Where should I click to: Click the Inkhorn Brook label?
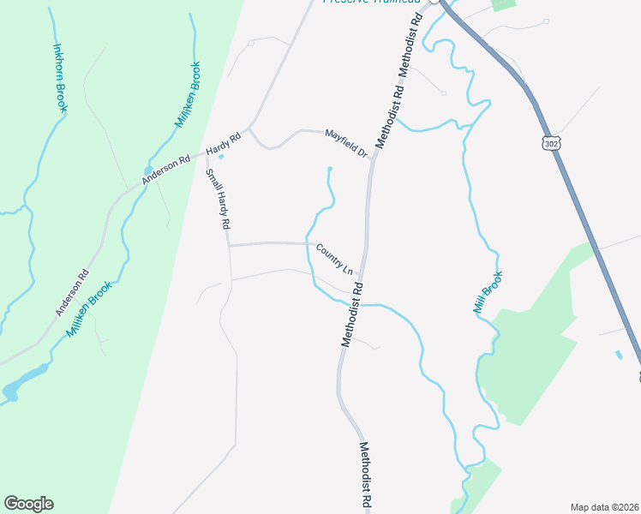tap(61, 78)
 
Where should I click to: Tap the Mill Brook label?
tap(488, 292)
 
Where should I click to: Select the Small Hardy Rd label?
tap(219, 199)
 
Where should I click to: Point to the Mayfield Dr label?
tap(345, 142)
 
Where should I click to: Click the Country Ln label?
tap(334, 259)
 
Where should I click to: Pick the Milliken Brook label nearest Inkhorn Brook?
tap(188, 94)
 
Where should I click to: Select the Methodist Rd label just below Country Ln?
tap(353, 314)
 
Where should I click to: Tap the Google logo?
tap(28, 504)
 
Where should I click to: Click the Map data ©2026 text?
tap(603, 506)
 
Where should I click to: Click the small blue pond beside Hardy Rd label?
tap(222, 156)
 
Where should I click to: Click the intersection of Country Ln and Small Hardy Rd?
tap(229, 245)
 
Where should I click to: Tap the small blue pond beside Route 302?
tap(619, 354)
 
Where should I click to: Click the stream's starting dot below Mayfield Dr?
tap(330, 169)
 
